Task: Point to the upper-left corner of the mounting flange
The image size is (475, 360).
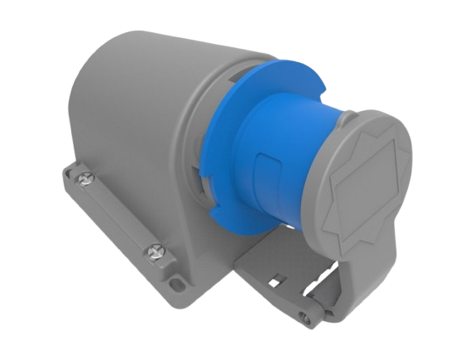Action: [x=65, y=169]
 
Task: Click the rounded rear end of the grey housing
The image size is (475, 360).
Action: [x=79, y=108]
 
